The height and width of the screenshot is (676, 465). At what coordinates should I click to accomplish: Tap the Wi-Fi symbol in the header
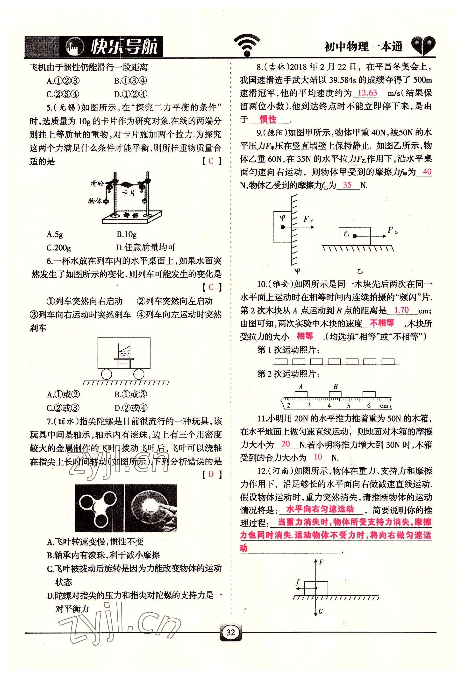pyautogui.click(x=247, y=45)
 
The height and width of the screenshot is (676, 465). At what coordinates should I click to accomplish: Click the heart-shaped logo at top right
pyautogui.click(x=423, y=45)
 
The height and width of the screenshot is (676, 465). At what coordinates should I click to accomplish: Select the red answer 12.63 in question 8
pyautogui.click(x=367, y=93)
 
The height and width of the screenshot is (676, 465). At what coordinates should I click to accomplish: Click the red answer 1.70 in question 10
pyautogui.click(x=401, y=310)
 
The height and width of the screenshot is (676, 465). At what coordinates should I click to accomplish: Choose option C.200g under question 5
pyautogui.click(x=58, y=247)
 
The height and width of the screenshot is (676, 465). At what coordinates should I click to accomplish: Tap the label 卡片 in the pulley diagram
pyautogui.click(x=128, y=193)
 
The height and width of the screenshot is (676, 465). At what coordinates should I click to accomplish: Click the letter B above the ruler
pyautogui.click(x=335, y=387)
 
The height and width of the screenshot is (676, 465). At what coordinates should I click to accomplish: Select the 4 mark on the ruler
pyautogui.click(x=329, y=406)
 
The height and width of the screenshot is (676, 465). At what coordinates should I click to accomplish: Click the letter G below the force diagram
pyautogui.click(x=321, y=611)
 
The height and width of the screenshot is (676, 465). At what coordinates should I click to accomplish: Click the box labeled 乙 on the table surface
pyautogui.click(x=354, y=236)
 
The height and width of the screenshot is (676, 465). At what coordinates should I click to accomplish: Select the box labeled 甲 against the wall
pyautogui.click(x=282, y=227)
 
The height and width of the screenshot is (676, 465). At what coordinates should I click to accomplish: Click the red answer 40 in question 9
pyautogui.click(x=427, y=171)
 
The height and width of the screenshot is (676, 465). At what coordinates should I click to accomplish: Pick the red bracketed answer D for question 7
pyautogui.click(x=211, y=474)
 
